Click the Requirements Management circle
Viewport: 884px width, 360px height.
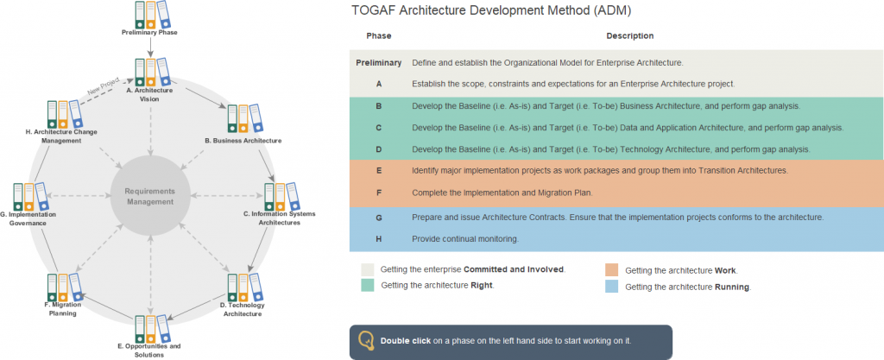149,196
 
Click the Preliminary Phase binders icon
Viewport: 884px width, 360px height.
151,14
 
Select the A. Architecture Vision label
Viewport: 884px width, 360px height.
149,94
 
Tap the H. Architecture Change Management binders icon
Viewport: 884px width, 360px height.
63,113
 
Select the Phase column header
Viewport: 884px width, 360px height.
378,36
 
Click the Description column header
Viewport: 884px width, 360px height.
629,36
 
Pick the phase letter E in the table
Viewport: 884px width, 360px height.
379,171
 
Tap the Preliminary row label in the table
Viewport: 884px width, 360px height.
379,63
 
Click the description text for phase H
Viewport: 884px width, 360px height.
464,238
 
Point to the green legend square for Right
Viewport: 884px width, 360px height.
368,285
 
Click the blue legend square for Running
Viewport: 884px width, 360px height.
612,287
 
